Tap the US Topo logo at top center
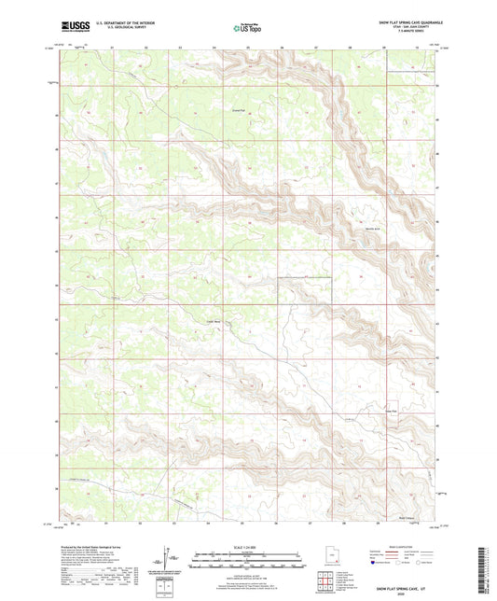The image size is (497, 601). (x=247, y=28)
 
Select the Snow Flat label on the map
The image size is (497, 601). (x=392, y=406)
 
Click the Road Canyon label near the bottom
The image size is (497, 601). (x=406, y=516)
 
